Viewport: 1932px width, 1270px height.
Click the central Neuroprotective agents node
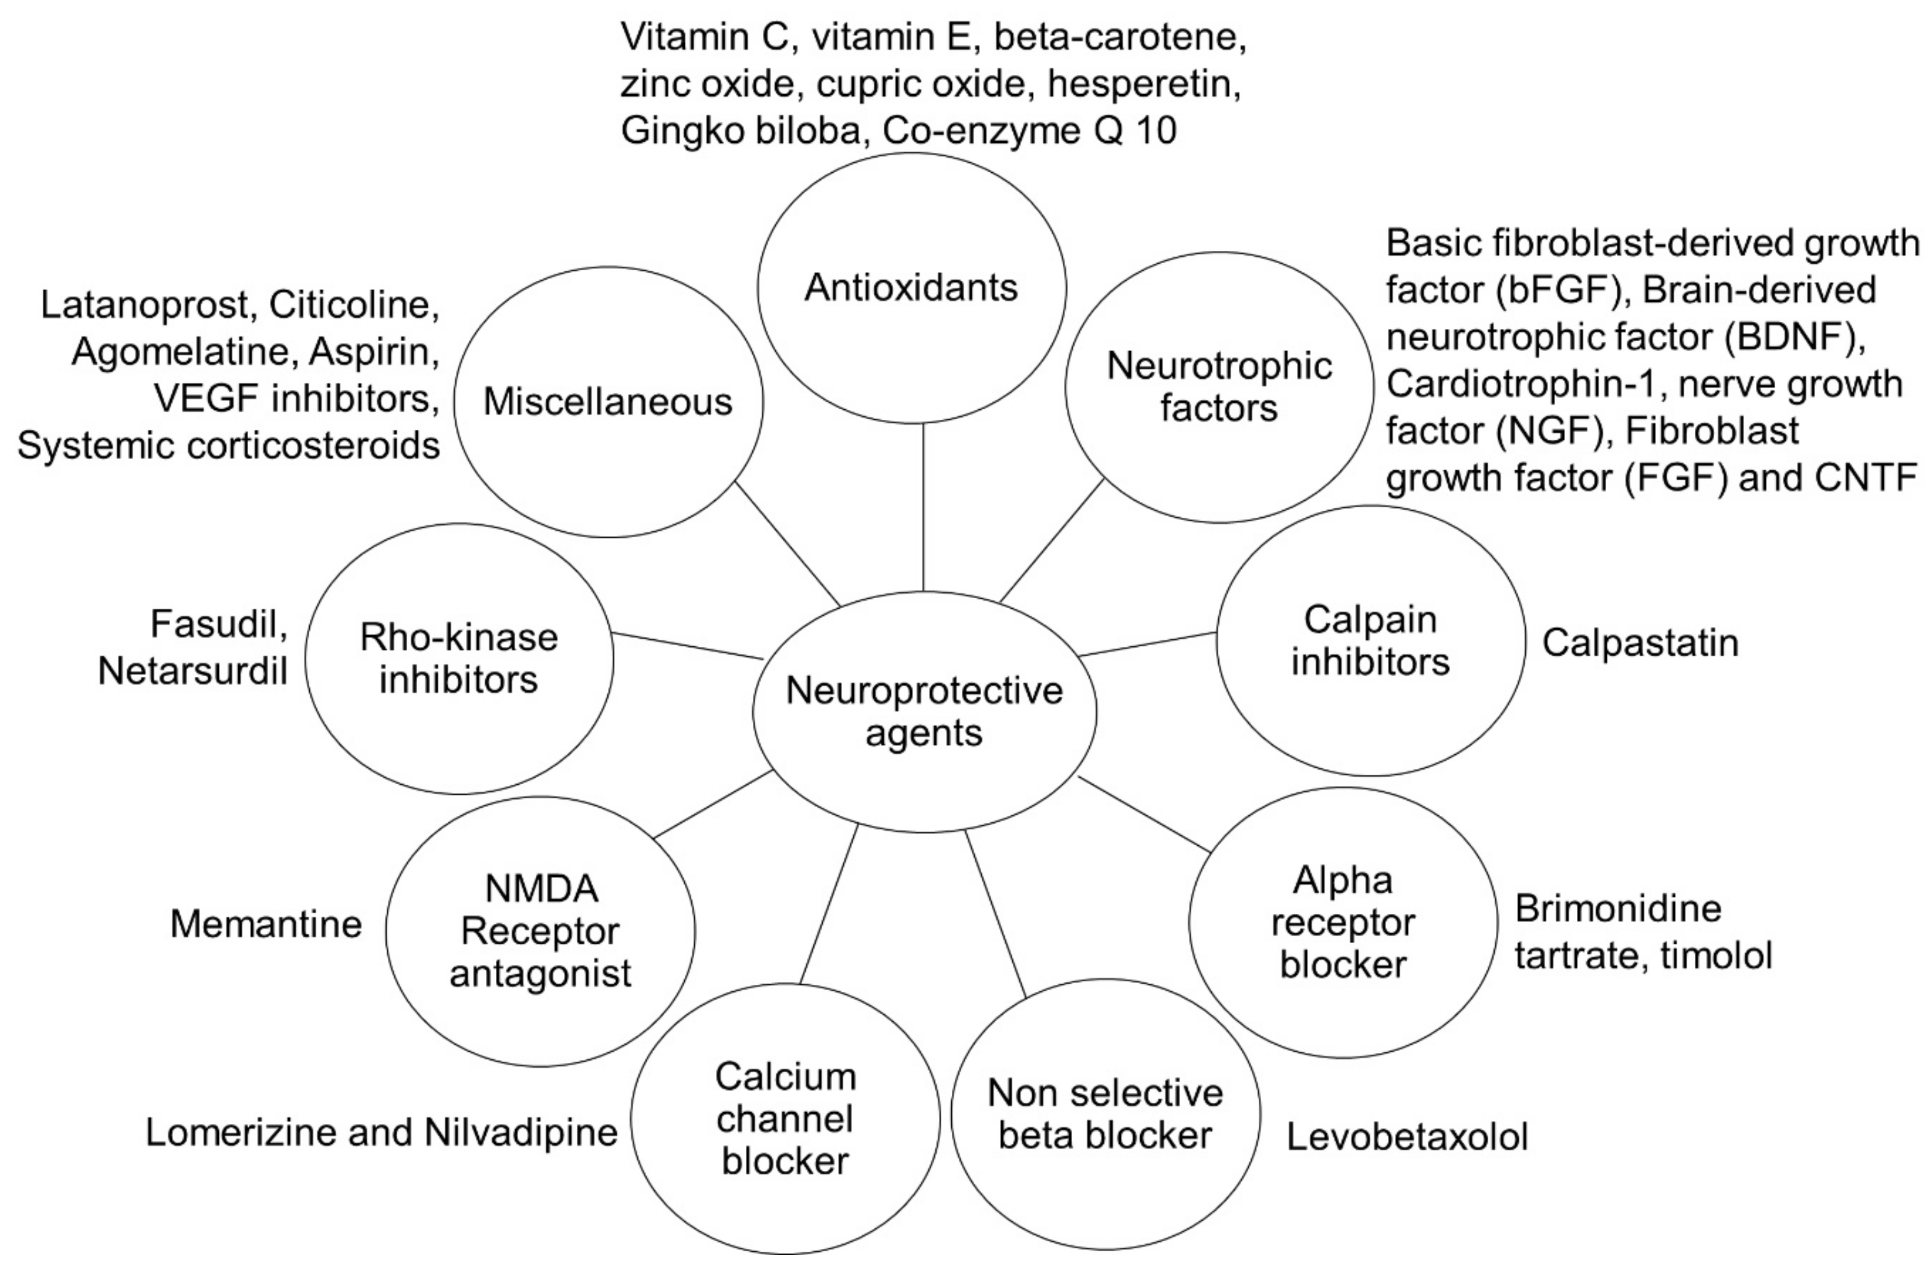[x=924, y=712]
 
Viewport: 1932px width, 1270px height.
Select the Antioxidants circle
[x=911, y=288]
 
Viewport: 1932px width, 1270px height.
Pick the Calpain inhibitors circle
[x=1370, y=640]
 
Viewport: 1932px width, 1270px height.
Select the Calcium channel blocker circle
[x=785, y=1119]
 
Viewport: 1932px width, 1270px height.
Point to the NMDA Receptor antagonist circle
[x=540, y=931]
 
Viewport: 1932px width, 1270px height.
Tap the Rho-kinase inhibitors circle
[x=459, y=658]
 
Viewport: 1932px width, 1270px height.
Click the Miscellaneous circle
[x=608, y=402]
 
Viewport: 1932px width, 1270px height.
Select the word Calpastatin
[x=1640, y=642]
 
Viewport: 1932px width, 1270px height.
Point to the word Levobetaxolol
[x=1407, y=1137]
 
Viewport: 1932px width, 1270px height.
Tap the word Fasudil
[x=218, y=625]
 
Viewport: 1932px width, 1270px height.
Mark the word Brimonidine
[x=1618, y=909]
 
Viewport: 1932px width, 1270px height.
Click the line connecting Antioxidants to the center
[x=923, y=507]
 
